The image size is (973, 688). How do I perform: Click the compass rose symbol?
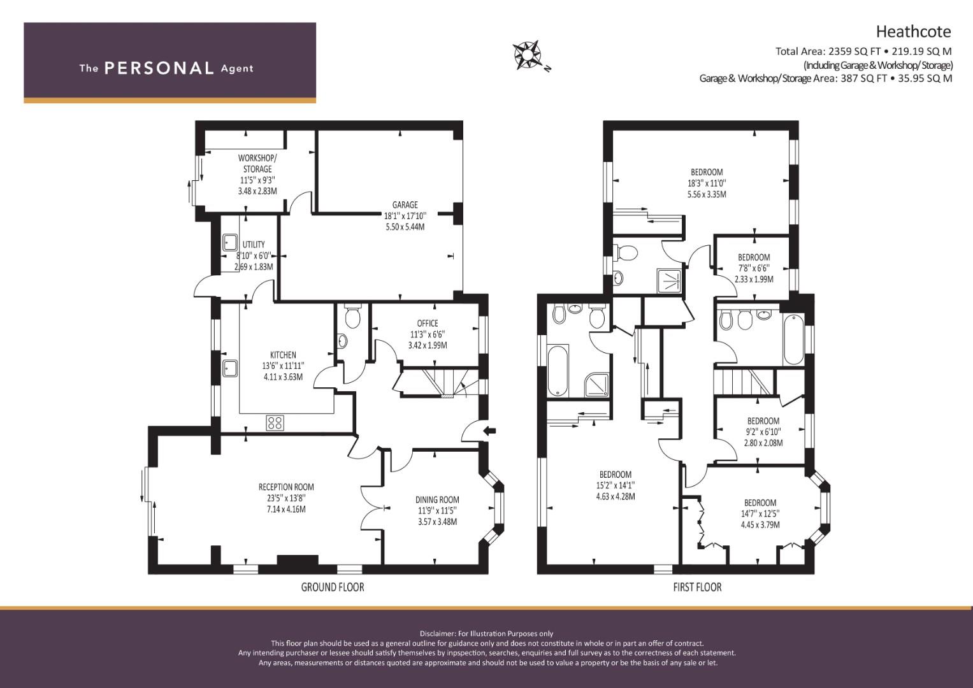(x=527, y=55)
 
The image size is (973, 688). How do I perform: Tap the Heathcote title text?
(x=913, y=32)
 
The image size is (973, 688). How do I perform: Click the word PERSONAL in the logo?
(x=159, y=68)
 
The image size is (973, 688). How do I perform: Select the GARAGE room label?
(x=405, y=204)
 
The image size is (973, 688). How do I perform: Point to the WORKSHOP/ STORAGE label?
(x=257, y=163)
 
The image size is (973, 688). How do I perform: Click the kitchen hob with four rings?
(x=275, y=422)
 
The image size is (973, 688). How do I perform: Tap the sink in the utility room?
(x=229, y=242)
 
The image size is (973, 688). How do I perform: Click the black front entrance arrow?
(x=491, y=431)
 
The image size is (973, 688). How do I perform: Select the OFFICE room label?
(x=428, y=323)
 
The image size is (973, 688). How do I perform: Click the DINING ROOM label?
(x=437, y=499)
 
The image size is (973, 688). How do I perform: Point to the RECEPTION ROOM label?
(x=286, y=487)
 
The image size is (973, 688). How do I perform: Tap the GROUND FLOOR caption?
(x=333, y=587)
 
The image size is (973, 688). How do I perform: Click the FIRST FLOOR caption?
(x=697, y=587)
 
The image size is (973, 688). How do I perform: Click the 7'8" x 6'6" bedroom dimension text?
(x=754, y=268)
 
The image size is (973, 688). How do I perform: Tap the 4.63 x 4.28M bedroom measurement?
(x=616, y=496)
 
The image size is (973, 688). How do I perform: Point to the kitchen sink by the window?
(x=229, y=368)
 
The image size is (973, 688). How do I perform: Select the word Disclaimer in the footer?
(x=437, y=634)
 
